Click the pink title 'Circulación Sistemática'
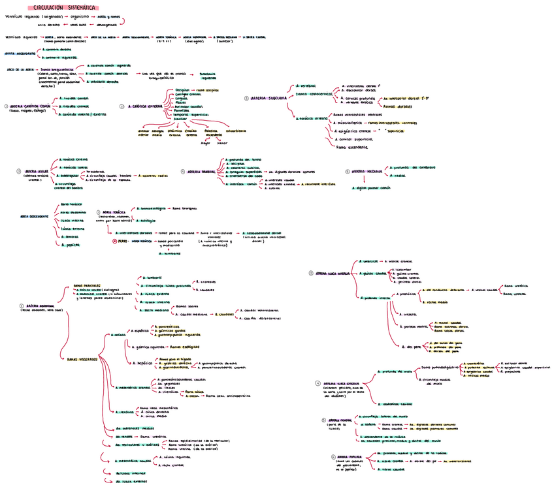[x=63, y=6]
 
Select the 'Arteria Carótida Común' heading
[x=31, y=106]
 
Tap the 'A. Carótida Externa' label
[x=145, y=106]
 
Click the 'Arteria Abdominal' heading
[x=41, y=305]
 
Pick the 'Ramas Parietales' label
[x=87, y=285]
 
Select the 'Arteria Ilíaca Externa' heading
[x=340, y=383]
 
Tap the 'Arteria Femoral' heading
[x=340, y=420]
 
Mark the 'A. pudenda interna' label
[x=375, y=298]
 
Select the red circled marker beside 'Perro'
[x=115, y=241]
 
